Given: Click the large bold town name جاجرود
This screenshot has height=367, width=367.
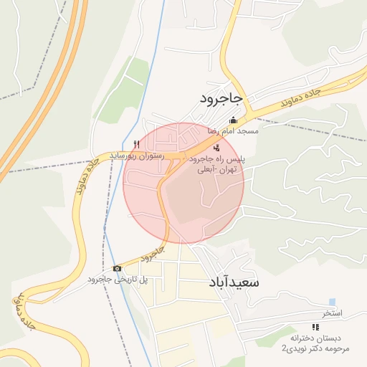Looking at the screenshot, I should pos(222,97).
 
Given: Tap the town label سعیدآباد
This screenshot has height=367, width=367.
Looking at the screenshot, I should pos(234,282).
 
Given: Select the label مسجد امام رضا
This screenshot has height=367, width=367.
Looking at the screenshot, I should pos(233,132).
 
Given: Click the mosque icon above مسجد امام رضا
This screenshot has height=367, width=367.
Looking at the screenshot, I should pos(232,120).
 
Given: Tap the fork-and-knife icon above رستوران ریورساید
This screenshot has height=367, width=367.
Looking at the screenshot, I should pos(137,143).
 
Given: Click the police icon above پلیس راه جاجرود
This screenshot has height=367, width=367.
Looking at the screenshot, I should pos(217,148).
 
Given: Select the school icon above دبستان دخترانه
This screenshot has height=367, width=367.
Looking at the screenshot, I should pos(315,326).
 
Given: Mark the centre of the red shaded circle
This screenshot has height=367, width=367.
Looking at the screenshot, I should pos(183,183).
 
